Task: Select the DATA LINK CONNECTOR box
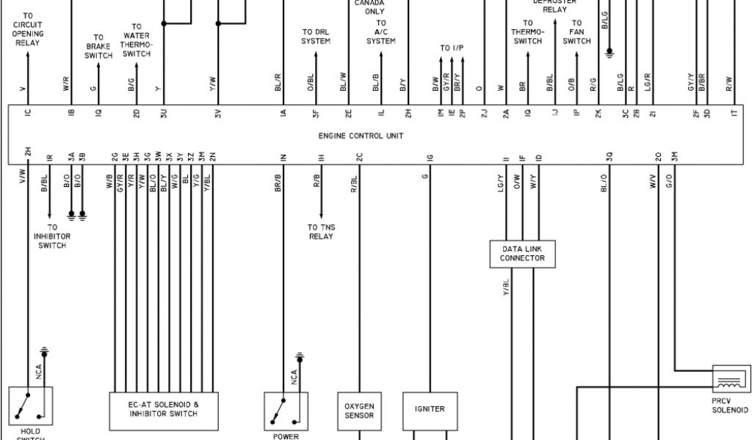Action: [522, 254]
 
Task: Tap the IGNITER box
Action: [430, 409]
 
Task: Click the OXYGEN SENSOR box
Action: [359, 410]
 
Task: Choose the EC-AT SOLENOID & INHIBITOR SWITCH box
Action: [164, 409]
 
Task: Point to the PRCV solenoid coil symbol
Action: [730, 383]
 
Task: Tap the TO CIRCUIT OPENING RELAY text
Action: [28, 29]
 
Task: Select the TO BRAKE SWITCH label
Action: [98, 46]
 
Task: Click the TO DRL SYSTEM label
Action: [316, 37]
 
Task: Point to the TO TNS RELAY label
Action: [321, 232]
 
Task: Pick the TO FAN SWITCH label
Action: [577, 32]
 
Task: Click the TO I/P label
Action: [452, 48]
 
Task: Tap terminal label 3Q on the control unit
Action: [609, 156]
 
